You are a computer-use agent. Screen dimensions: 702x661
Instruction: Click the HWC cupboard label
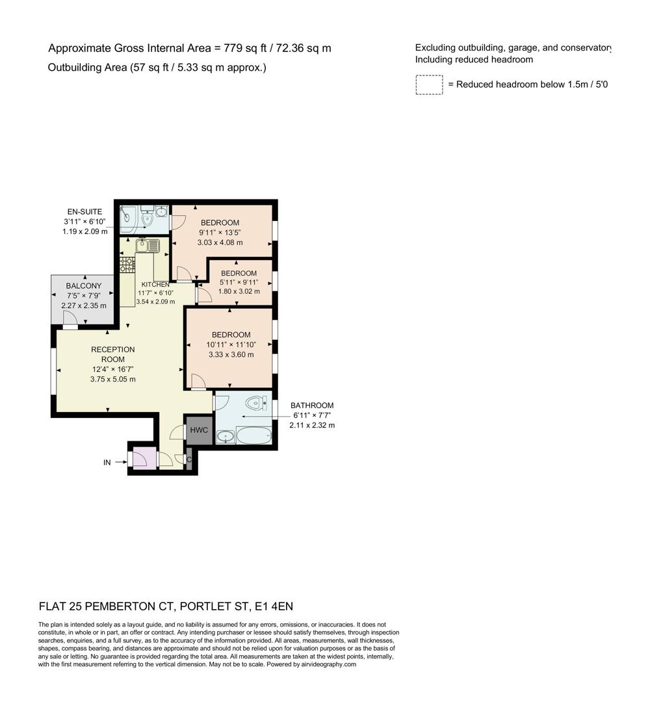click(x=198, y=430)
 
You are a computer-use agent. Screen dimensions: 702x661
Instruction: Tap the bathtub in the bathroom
click(x=253, y=435)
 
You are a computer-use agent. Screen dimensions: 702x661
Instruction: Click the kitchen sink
click(x=148, y=246)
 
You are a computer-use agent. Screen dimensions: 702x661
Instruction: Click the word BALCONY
click(x=84, y=286)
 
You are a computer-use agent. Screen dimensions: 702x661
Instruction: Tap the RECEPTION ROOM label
click(x=112, y=354)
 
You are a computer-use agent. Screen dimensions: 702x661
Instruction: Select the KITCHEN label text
click(x=155, y=284)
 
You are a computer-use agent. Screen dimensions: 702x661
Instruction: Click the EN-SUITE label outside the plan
click(x=84, y=211)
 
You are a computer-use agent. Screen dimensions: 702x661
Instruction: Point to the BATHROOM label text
click(x=312, y=406)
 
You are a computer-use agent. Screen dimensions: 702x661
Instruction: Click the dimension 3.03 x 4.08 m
click(x=220, y=242)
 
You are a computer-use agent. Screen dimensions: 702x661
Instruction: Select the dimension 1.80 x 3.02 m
click(x=239, y=291)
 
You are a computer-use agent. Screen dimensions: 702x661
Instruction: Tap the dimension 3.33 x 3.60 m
click(x=231, y=354)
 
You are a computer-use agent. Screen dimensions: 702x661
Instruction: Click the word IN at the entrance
click(x=107, y=462)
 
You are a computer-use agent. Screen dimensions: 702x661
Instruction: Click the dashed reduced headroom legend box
click(x=429, y=85)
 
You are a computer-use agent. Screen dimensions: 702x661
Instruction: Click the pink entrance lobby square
click(x=144, y=458)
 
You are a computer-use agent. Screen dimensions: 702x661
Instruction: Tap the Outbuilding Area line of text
click(x=157, y=68)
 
